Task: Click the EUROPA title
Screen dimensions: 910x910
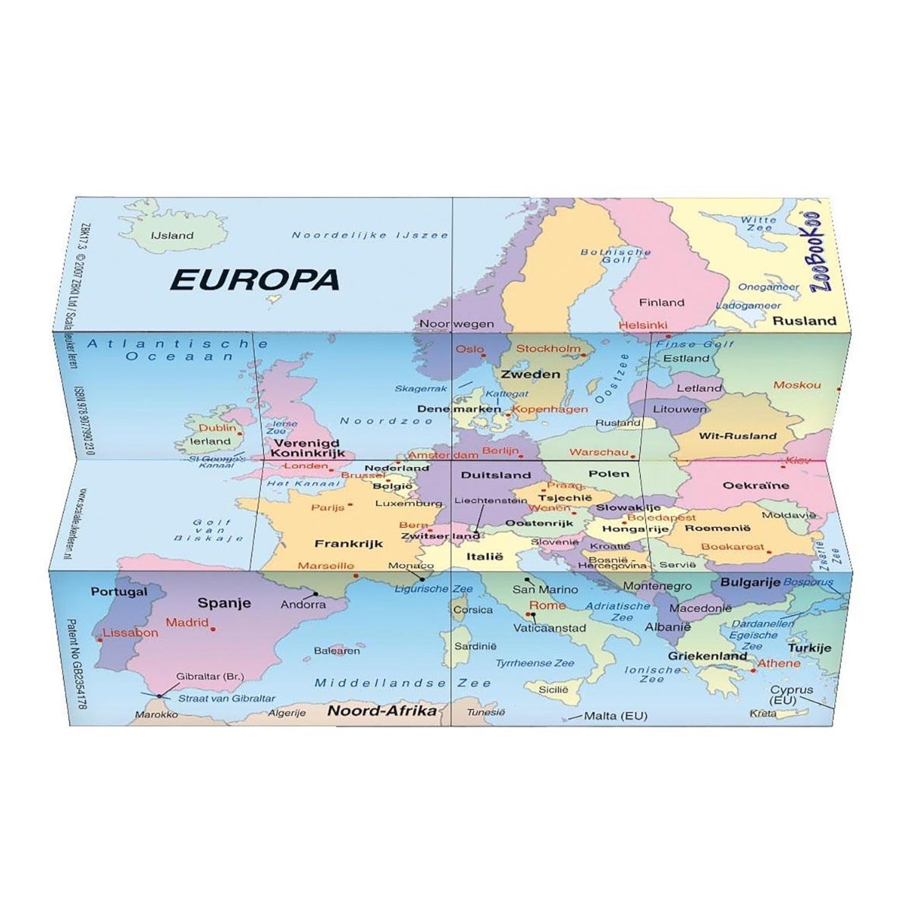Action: click(x=255, y=279)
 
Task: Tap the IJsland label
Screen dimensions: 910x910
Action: click(x=172, y=235)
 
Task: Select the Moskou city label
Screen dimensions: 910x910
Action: click(x=796, y=385)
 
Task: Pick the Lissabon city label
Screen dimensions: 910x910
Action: click(x=131, y=632)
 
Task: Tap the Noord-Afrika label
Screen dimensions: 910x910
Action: click(x=381, y=711)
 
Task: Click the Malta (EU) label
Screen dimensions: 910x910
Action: click(x=615, y=716)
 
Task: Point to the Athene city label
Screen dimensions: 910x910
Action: click(x=780, y=663)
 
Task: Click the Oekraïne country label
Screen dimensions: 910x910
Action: click(x=755, y=485)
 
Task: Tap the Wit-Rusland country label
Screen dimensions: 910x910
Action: click(x=737, y=436)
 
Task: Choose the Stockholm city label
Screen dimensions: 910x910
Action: click(x=548, y=349)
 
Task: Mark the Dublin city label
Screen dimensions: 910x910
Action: click(x=217, y=428)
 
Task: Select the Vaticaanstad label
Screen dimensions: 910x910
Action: click(x=550, y=628)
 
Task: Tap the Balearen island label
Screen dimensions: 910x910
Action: click(x=337, y=651)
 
